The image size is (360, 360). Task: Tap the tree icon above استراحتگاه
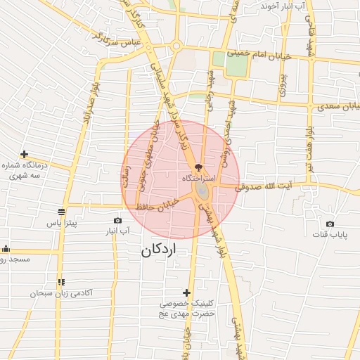coord(198,167)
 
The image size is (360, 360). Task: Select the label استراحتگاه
coord(198,179)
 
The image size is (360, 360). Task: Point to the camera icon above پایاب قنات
coord(330,224)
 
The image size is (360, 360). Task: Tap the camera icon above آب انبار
coord(117,220)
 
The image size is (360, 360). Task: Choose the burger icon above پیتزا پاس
coord(62,212)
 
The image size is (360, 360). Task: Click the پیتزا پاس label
coord(62,223)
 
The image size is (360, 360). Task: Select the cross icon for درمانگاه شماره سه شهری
coord(24,154)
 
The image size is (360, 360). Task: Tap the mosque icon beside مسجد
coord(6,248)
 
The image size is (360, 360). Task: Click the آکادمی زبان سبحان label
coord(61,292)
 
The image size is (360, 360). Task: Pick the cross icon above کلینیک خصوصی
coord(186,292)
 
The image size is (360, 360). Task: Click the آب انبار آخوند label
coord(284,6)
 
